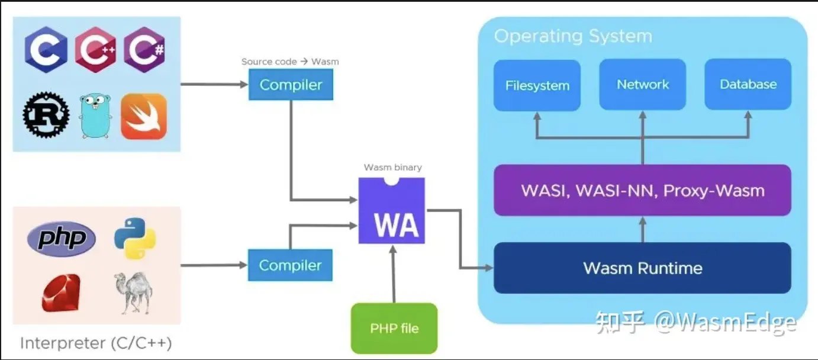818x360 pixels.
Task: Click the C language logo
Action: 46,50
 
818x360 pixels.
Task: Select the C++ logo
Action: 95,50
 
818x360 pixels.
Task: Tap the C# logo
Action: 144,50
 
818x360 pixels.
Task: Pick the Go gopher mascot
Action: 95,115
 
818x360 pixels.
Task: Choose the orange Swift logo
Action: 144,116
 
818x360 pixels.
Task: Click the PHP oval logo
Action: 62,239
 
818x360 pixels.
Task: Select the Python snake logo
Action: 135,238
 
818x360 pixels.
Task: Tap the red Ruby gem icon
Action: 60,292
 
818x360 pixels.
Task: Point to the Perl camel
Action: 133,292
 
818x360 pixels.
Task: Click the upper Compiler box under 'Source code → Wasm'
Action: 291,85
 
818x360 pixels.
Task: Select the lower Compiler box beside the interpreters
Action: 290,265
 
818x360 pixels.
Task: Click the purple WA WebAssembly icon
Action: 392,211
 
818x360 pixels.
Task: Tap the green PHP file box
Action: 394,328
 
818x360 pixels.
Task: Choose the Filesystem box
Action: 537,85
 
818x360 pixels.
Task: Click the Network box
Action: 642,84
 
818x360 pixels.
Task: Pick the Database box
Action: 748,84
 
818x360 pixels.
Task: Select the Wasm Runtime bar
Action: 642,268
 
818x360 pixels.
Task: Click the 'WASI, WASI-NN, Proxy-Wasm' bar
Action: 642,190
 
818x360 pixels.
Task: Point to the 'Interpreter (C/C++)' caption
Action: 96,343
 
